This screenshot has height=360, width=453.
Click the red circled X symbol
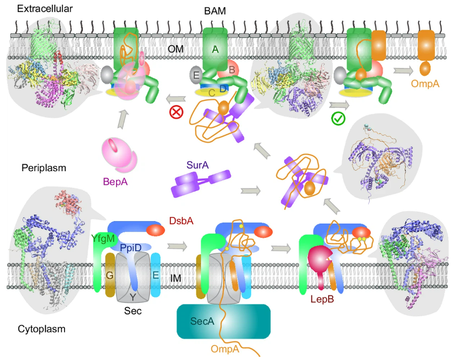click(175, 111)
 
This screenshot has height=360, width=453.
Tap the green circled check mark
click(338, 119)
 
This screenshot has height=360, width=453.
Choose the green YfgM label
click(102, 238)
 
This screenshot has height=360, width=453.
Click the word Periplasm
click(40, 168)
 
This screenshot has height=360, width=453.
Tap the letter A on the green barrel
click(215, 48)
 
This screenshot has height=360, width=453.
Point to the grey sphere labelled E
click(196, 74)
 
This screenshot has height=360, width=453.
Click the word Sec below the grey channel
click(132, 311)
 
